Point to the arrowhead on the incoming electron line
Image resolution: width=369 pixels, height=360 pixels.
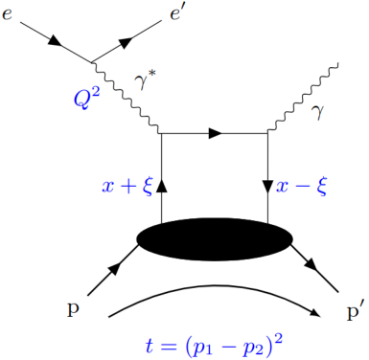tap(54, 41)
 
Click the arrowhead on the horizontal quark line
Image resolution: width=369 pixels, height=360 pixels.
tap(217, 134)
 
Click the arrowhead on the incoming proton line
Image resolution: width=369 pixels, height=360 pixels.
tap(113, 271)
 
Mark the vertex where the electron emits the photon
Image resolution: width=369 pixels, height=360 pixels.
tap(93, 63)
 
